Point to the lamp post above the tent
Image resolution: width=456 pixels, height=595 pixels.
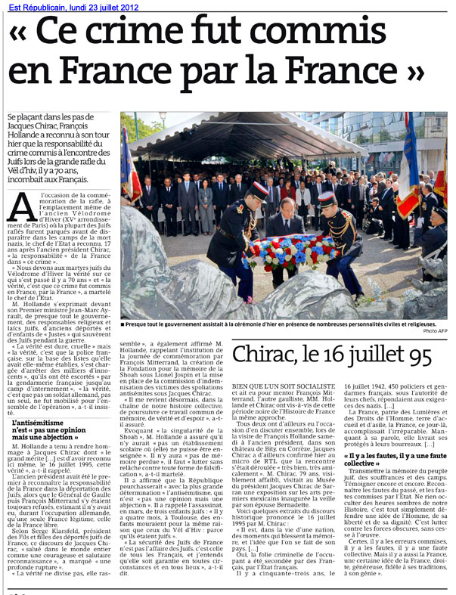coord(163,117)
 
